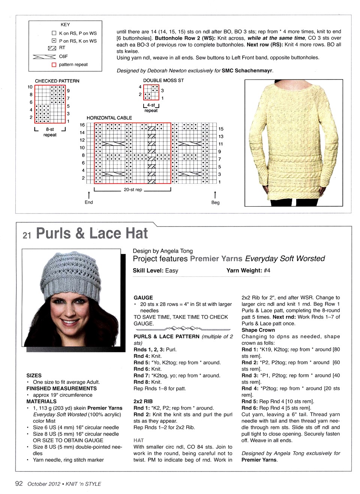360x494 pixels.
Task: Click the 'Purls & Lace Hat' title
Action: pyautogui.click(x=92, y=234)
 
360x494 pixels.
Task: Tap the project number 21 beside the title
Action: pyautogui.click(x=27, y=235)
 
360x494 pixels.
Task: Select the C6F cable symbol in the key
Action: pyautogui.click(x=44, y=57)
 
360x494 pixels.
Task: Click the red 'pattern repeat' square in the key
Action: pyautogui.click(x=54, y=65)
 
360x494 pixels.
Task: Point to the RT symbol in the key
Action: pyautogui.click(x=52, y=48)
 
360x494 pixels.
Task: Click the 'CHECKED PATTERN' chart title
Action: pyautogui.click(x=57, y=81)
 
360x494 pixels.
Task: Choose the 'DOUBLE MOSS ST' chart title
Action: pyautogui.click(x=163, y=80)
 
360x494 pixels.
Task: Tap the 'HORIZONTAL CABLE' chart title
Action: pyautogui.click(x=109, y=118)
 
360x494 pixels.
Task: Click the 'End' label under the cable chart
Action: pyautogui.click(x=88, y=202)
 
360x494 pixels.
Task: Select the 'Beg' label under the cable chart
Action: pyautogui.click(x=215, y=202)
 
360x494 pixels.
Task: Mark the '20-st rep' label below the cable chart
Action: pyautogui.click(x=133, y=190)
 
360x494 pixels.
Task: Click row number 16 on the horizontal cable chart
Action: pyautogui.click(x=82, y=125)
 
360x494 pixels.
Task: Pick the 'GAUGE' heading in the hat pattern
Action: pyautogui.click(x=143, y=297)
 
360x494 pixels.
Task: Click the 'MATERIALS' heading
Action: pyautogui.click(x=41, y=401)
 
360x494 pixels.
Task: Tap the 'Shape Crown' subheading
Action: pyautogui.click(x=258, y=330)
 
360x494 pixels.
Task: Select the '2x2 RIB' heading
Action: pyautogui.click(x=143, y=401)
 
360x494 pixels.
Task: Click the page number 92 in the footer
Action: pyautogui.click(x=19, y=483)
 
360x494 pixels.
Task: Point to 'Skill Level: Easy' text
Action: pyautogui.click(x=155, y=270)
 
